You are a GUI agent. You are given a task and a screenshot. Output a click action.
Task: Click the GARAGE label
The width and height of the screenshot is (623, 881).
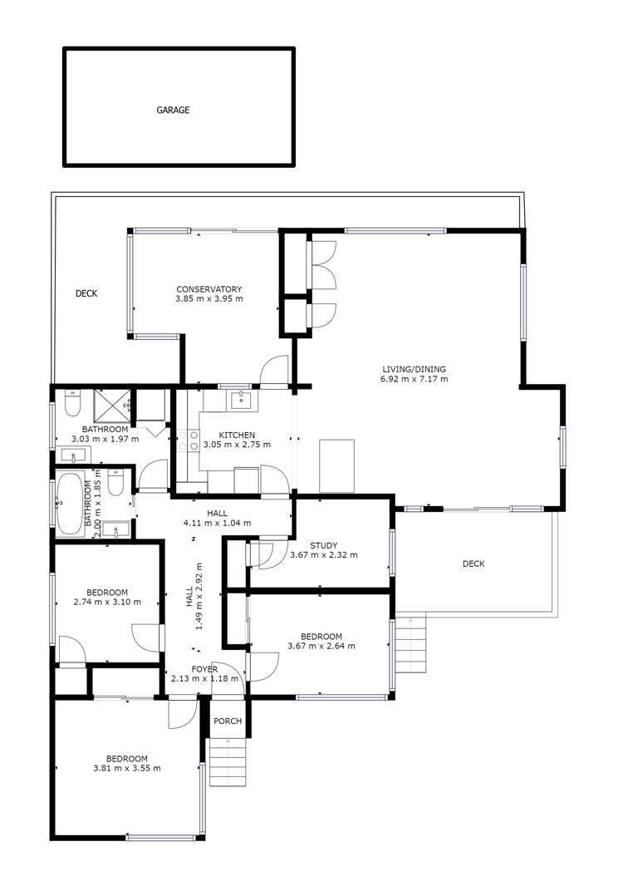coord(174,110)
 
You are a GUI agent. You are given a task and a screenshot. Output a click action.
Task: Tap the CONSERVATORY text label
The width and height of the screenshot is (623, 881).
coord(208,289)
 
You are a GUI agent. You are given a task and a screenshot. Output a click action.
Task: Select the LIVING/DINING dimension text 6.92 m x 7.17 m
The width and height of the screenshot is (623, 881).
coord(414,379)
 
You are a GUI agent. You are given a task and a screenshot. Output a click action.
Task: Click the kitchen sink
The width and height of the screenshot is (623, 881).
coord(241,401)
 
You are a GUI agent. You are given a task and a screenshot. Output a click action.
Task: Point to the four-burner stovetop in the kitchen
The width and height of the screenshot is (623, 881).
coord(188,440)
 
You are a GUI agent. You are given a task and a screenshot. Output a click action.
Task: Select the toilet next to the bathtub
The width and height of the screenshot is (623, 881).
coord(117,484)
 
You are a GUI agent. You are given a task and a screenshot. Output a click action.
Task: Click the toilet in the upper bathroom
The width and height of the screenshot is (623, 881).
coord(71,405)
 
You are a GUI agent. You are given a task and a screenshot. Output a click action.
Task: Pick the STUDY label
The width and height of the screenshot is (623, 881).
coord(323,546)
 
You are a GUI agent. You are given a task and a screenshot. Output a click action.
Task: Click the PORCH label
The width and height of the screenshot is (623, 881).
coord(228,721)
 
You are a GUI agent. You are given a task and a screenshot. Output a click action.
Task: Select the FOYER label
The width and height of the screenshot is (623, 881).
coord(204,669)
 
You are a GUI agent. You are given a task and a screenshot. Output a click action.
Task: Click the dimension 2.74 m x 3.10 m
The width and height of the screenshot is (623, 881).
coord(106,603)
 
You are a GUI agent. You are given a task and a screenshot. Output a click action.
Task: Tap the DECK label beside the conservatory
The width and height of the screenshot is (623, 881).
coord(86,293)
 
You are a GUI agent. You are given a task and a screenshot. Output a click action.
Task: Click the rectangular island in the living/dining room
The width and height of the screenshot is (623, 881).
coord(336,465)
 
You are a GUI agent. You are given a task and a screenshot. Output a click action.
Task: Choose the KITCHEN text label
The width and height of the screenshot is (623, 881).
coord(237,435)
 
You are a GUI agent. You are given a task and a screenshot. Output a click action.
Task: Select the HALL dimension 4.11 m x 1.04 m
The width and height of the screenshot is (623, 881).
coord(217,524)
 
